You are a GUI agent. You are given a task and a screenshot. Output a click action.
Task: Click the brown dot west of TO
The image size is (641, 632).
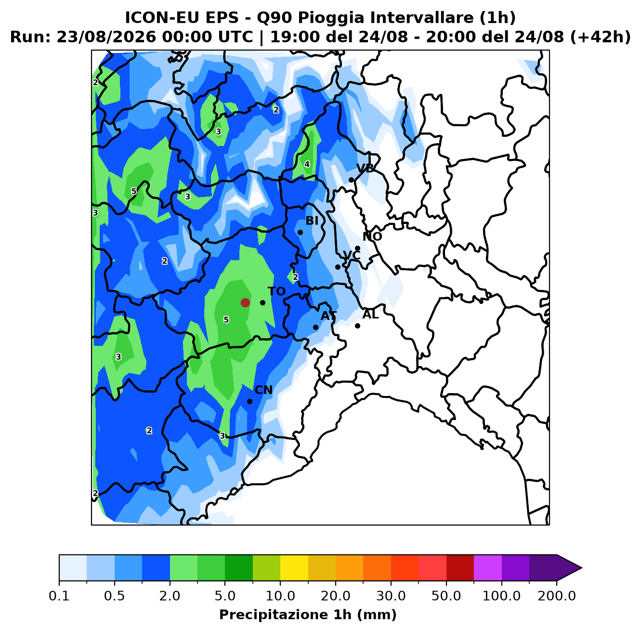pyautogui.click(x=245, y=303)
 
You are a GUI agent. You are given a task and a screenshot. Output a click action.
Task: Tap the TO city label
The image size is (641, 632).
pyautogui.click(x=277, y=291)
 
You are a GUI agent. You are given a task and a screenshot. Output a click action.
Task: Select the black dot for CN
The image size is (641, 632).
pyautogui.click(x=249, y=401)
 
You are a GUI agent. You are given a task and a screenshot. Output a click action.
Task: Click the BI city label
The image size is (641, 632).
pyautogui.click(x=312, y=221)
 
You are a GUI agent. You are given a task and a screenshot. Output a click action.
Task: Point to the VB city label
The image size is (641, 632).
pyautogui.click(x=365, y=169)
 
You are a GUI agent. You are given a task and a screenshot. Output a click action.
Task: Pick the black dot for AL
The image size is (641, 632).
pyautogui.click(x=357, y=326)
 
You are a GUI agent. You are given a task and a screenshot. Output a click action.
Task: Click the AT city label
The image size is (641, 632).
pyautogui.click(x=328, y=316)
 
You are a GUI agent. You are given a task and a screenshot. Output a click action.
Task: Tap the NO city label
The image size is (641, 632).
pyautogui.click(x=372, y=237)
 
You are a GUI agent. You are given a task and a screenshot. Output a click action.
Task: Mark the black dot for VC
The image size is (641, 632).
pyautogui.click(x=338, y=267)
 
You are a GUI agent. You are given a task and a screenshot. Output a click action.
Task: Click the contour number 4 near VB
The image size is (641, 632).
pyautogui.click(x=307, y=164)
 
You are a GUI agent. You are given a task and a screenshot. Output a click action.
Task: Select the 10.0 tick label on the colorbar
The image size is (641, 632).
pyautogui.click(x=280, y=596)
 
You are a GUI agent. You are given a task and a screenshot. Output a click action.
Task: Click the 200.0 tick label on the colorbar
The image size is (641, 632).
pyautogui.click(x=557, y=596)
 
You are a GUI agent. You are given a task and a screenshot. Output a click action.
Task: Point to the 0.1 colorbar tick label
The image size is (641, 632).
pyautogui.click(x=59, y=596)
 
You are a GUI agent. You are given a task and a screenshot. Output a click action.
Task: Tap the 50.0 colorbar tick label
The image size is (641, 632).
pyautogui.click(x=446, y=596)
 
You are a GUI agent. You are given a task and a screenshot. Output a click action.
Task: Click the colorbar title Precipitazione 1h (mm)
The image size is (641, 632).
pyautogui.click(x=308, y=614)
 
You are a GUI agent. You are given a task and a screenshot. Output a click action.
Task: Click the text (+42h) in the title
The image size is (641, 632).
pyautogui.click(x=600, y=37)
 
